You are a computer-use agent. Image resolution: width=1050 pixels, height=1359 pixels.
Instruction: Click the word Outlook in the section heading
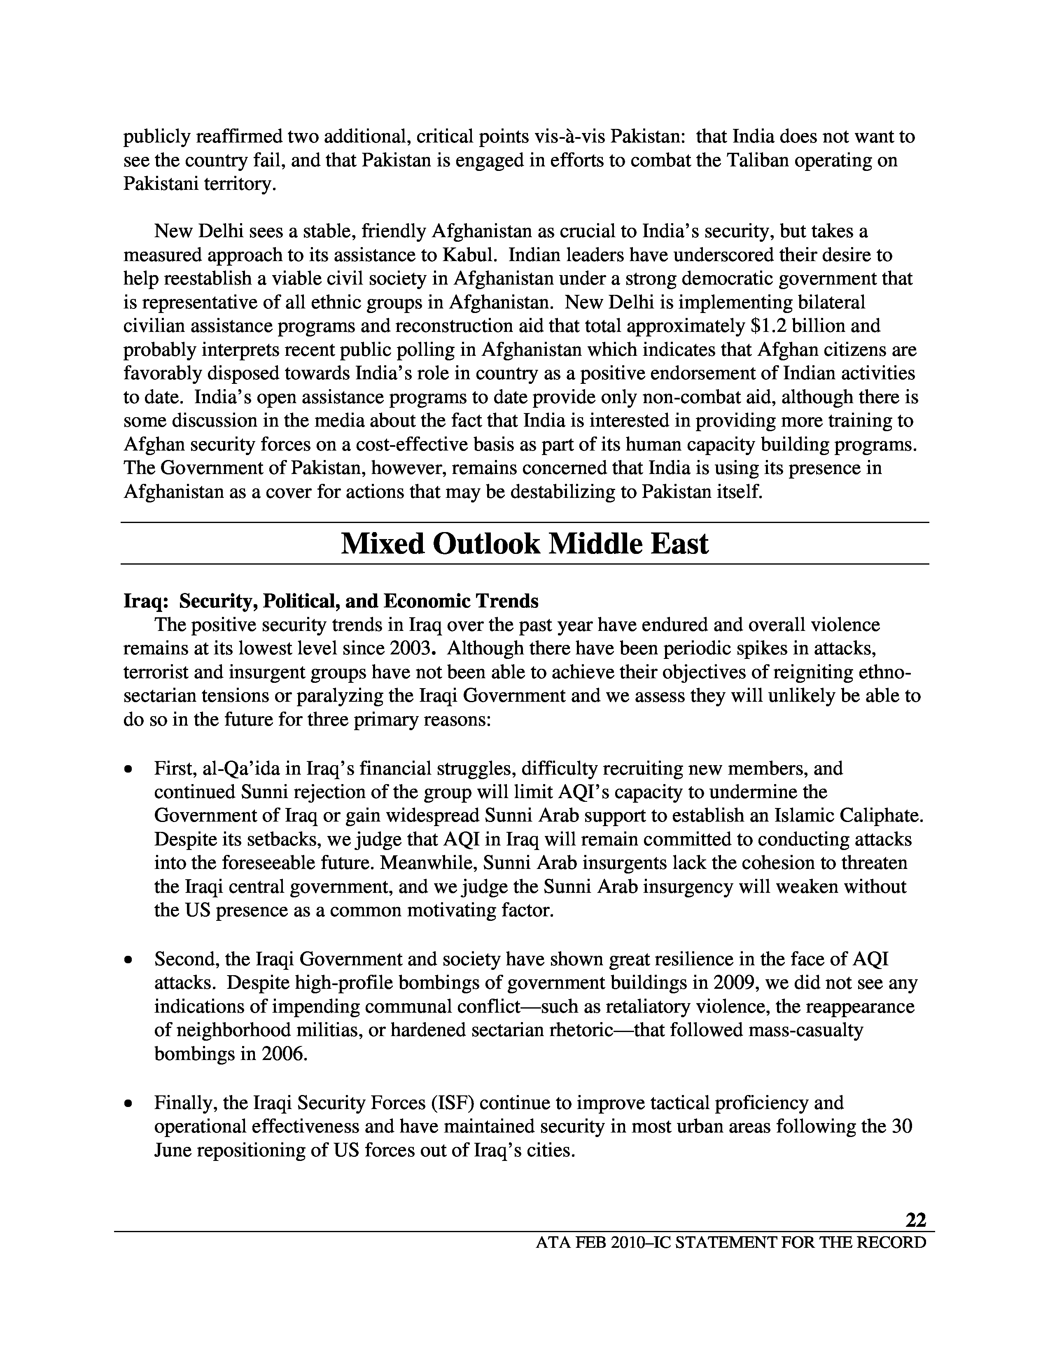(486, 544)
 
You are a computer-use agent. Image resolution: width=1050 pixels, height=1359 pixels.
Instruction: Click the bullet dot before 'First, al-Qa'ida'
(128, 770)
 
